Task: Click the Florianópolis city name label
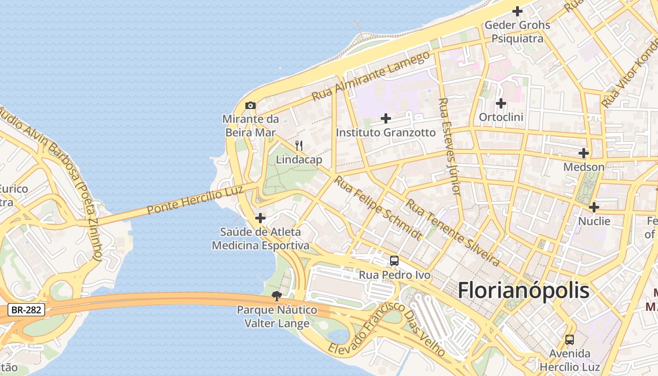click(x=524, y=290)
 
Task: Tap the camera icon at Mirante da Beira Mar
click(x=251, y=105)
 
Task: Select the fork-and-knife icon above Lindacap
click(x=298, y=146)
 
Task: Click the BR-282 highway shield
click(x=26, y=310)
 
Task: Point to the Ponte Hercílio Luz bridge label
click(x=195, y=200)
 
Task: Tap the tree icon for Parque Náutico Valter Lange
click(x=277, y=296)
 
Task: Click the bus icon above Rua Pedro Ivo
click(x=394, y=261)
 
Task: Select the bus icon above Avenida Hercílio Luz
click(x=570, y=339)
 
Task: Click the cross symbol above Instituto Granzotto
click(x=386, y=118)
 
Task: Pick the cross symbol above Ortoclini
click(x=501, y=103)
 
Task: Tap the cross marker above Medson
click(x=584, y=153)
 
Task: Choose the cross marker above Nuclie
click(x=594, y=207)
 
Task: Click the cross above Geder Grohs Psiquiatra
click(x=517, y=11)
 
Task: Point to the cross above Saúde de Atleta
click(x=260, y=218)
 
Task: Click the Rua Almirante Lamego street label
click(x=371, y=76)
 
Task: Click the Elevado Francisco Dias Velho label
click(x=386, y=329)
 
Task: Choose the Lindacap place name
click(x=299, y=160)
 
